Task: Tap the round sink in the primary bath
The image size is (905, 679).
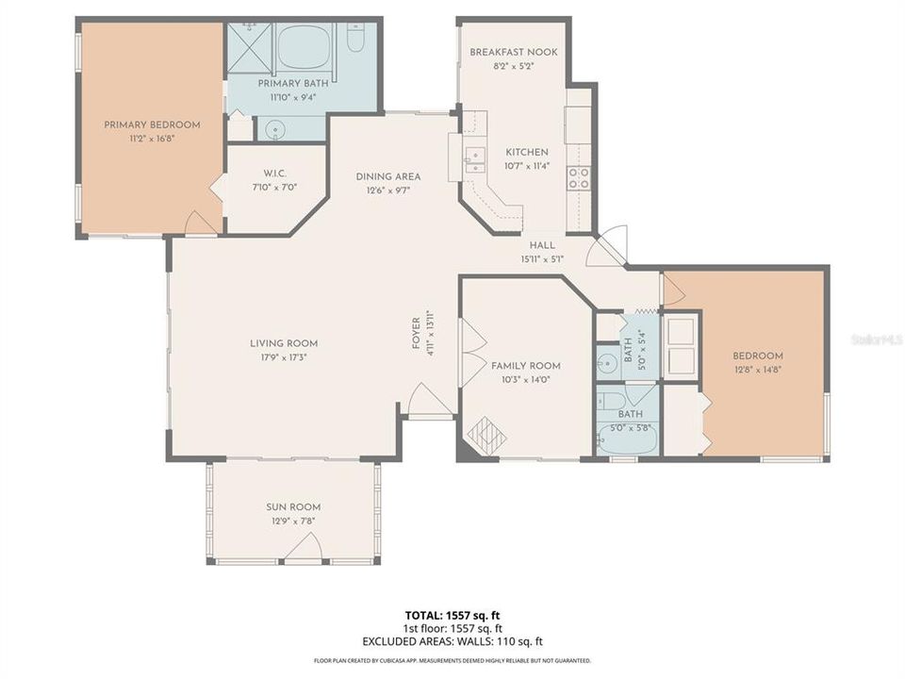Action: pyautogui.click(x=274, y=129)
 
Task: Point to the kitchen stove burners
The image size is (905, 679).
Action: pyautogui.click(x=578, y=178)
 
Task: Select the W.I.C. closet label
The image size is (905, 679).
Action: pyautogui.click(x=275, y=173)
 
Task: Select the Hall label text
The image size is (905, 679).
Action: pyautogui.click(x=541, y=245)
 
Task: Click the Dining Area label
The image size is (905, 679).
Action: pyautogui.click(x=387, y=176)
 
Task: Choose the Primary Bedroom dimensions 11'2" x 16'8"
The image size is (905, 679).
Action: pyautogui.click(x=152, y=138)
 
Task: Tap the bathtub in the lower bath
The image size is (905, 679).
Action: pyautogui.click(x=626, y=438)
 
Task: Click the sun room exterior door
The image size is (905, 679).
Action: pyautogui.click(x=302, y=550)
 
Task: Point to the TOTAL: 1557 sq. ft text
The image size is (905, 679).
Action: pyautogui.click(x=452, y=615)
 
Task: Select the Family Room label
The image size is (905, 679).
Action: pyautogui.click(x=525, y=366)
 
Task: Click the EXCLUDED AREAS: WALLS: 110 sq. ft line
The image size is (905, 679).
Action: pyautogui.click(x=452, y=641)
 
